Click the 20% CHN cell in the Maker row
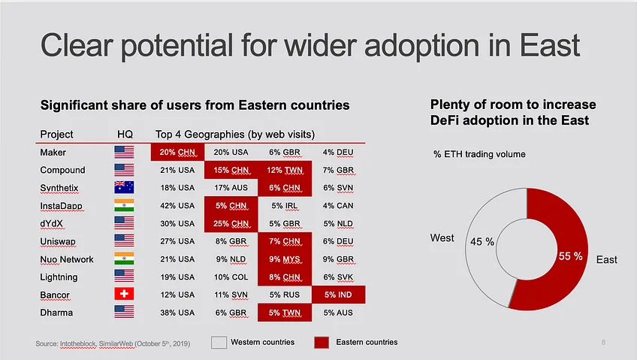(x=177, y=152)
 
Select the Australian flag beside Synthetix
(x=124, y=187)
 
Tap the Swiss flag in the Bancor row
(x=124, y=293)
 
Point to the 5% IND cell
(x=338, y=295)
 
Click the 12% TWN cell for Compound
(x=285, y=170)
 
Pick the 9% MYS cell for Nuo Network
(x=285, y=259)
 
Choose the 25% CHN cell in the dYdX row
(x=231, y=223)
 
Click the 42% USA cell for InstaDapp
(x=177, y=206)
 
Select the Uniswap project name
(x=58, y=241)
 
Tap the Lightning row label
(x=59, y=277)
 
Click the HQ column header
(x=125, y=134)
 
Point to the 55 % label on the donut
(x=570, y=256)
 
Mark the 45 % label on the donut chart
(x=482, y=242)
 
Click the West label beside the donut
(x=442, y=237)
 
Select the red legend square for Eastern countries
(x=322, y=343)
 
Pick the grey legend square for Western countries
(x=219, y=343)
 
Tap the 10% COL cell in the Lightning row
(x=231, y=277)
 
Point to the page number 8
(x=603, y=342)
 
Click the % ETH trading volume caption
(x=479, y=154)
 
